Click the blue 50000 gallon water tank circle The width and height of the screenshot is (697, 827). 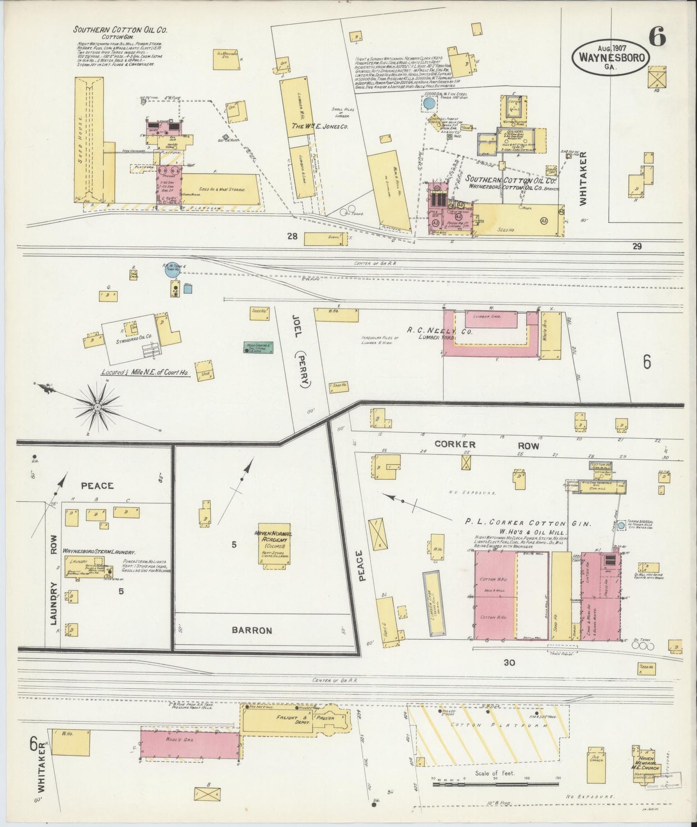click(x=428, y=103)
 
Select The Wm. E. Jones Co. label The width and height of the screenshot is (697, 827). click(x=319, y=127)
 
